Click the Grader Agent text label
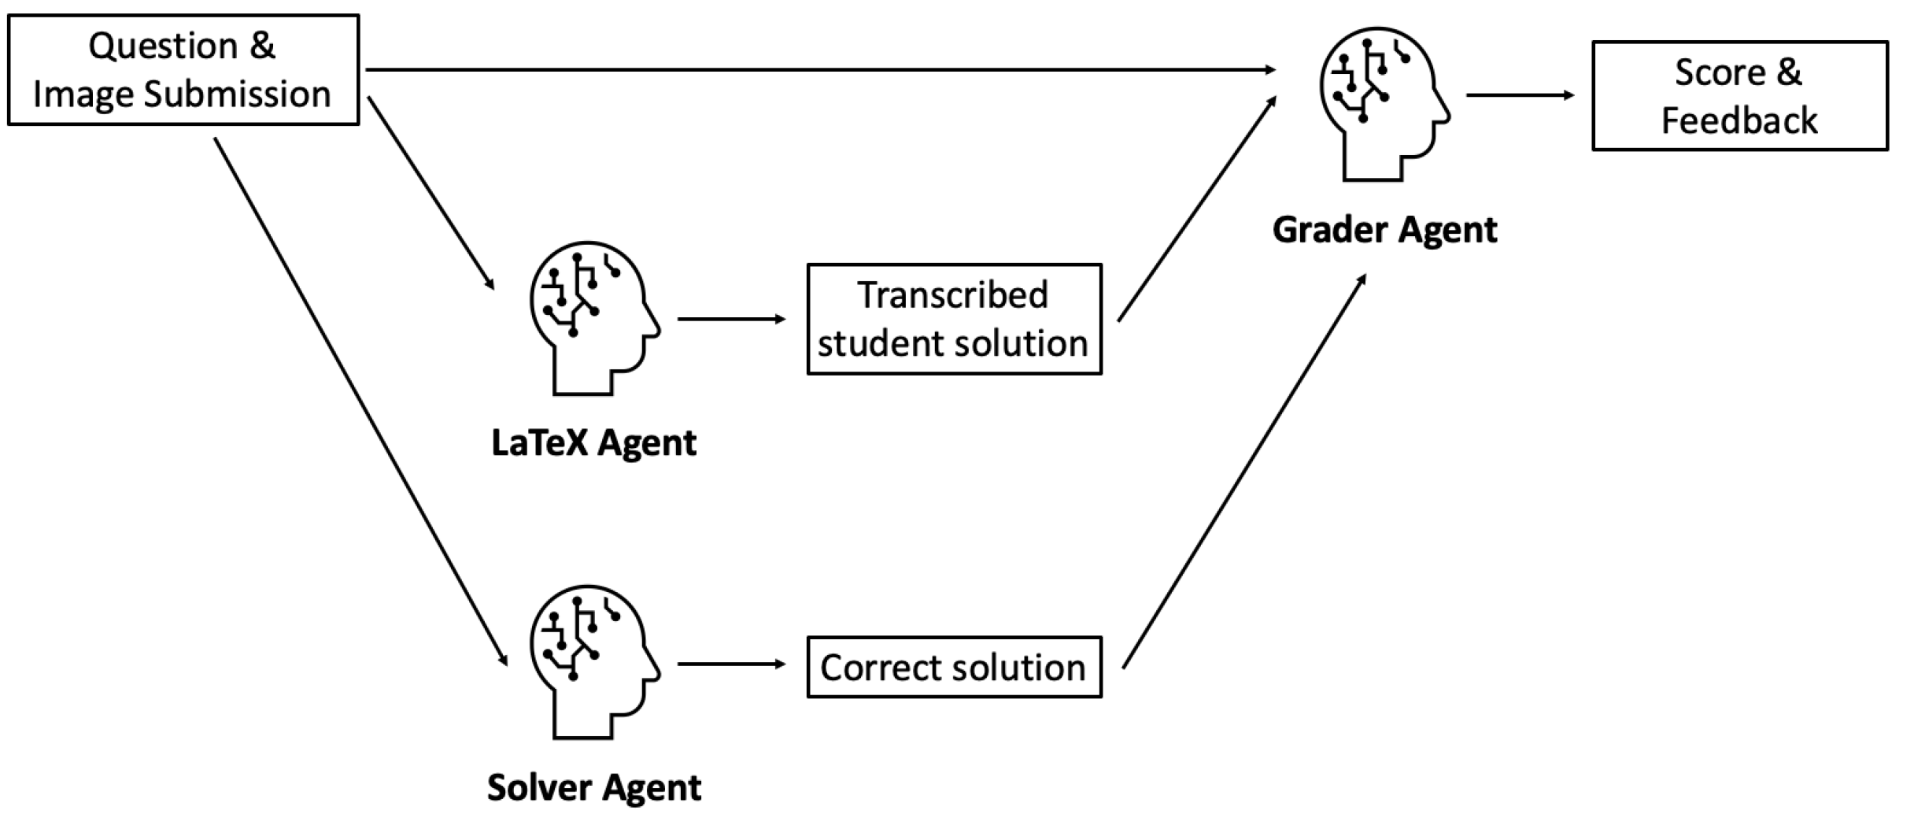coord(1385,230)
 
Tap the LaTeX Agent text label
coord(594,442)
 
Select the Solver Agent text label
coord(594,787)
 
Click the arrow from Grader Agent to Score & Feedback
coord(1520,95)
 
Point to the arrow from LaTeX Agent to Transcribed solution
coord(732,319)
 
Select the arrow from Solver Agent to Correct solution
coord(732,664)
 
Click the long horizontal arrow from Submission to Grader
coord(821,70)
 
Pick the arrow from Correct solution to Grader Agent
coord(1244,471)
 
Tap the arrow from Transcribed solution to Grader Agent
coord(1197,209)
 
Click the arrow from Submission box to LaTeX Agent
coord(430,193)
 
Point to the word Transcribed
coord(953,295)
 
